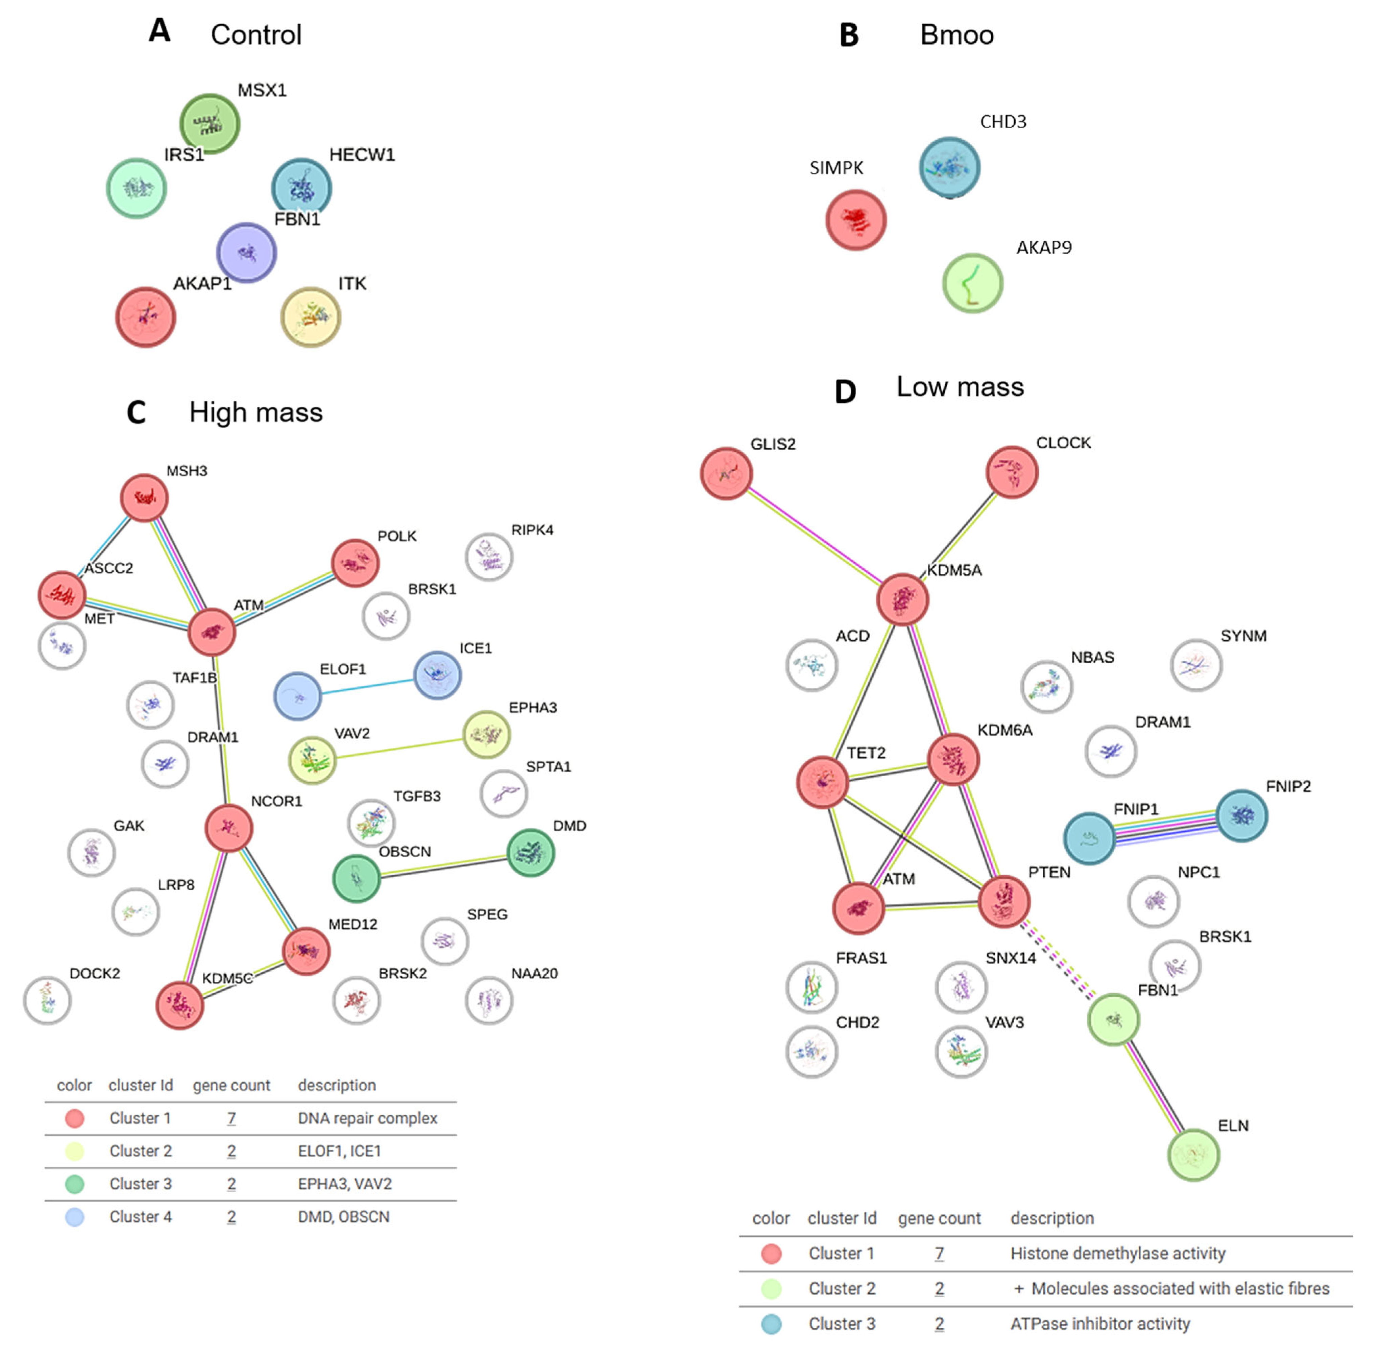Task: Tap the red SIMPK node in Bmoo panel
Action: pyautogui.click(x=855, y=220)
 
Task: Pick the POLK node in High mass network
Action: pyautogui.click(x=355, y=563)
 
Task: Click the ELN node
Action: pyautogui.click(x=1193, y=1155)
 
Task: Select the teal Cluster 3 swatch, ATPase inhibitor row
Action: pyautogui.click(x=771, y=1324)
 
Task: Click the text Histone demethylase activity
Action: pyautogui.click(x=1118, y=1253)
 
